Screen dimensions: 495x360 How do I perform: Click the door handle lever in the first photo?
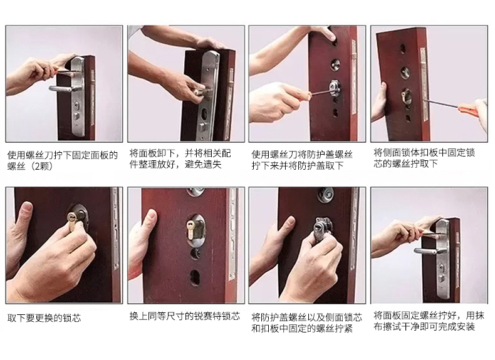(60, 89)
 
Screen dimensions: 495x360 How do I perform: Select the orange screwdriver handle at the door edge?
(471, 110)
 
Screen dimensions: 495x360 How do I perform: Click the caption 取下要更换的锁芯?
(44, 317)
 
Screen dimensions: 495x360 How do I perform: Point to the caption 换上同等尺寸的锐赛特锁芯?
(185, 316)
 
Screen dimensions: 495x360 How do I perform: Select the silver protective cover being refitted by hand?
(322, 227)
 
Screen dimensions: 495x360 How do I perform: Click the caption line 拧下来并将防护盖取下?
(298, 165)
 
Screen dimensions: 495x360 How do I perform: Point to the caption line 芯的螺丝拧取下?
(405, 163)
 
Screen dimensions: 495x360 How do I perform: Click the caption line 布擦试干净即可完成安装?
(424, 327)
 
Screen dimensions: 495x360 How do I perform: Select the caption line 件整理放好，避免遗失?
(175, 164)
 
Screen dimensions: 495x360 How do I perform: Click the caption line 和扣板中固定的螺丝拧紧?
(302, 328)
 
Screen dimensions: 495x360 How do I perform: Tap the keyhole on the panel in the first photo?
(76, 105)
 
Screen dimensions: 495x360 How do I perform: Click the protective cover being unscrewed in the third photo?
(335, 88)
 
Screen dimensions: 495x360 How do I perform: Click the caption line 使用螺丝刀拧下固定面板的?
(63, 155)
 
